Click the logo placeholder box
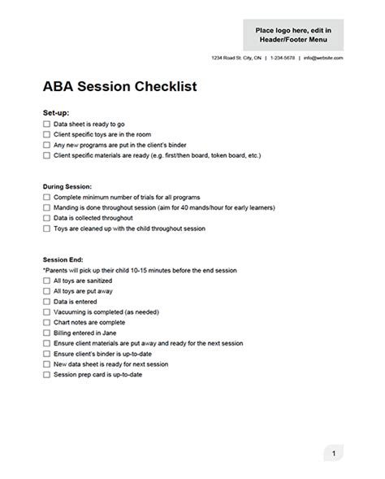point(293,35)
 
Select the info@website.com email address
point(323,59)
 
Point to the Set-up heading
point(55,112)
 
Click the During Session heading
point(67,186)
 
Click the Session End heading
point(62,260)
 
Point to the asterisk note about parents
point(139,270)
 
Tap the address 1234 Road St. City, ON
point(236,59)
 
